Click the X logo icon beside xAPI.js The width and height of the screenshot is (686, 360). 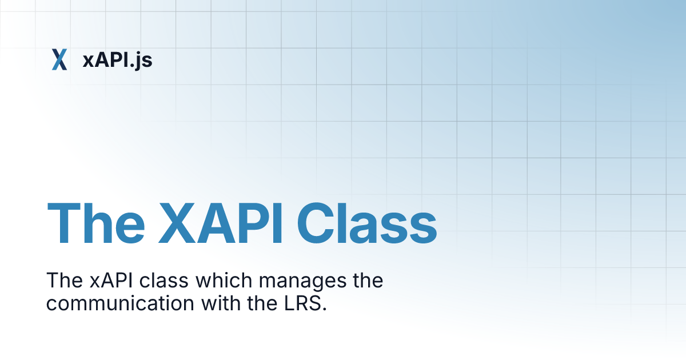pos(59,59)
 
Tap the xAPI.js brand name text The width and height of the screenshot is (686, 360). pos(117,59)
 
